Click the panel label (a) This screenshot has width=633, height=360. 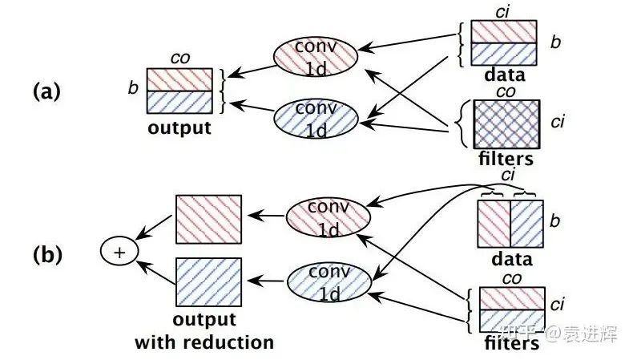click(46, 91)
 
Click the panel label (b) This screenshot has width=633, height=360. click(46, 254)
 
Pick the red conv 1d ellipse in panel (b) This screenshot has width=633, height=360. click(328, 215)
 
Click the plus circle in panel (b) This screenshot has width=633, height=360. click(119, 253)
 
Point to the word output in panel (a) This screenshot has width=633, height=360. click(181, 127)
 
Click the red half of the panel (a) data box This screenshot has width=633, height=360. click(505, 30)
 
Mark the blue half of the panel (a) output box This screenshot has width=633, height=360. click(180, 101)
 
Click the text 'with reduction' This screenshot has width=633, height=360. click(204, 342)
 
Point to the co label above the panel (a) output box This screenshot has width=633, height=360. click(179, 58)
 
